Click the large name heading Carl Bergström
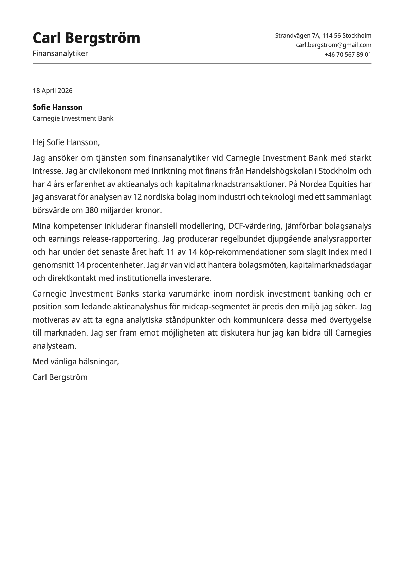point(86,38)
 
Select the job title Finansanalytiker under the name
point(60,53)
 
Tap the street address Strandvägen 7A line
point(323,35)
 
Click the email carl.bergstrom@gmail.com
point(333,45)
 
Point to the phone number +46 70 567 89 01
point(348,54)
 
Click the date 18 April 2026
point(52,91)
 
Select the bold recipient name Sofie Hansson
point(57,107)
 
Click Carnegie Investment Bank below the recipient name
point(73,118)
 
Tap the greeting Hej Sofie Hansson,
point(66,142)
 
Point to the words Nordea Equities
point(328,184)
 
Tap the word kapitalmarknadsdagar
point(331,265)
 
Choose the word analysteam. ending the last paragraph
point(54,346)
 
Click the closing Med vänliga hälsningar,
point(76,362)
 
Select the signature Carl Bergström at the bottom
point(60,377)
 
